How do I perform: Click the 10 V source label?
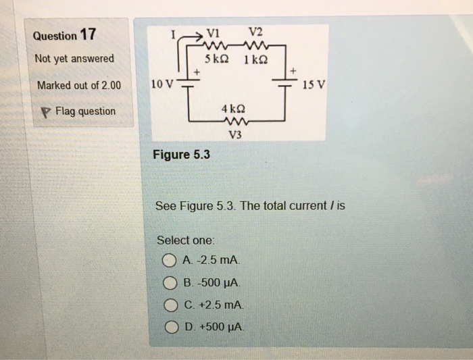point(164,85)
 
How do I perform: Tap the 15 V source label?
point(314,86)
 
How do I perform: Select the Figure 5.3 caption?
point(181,155)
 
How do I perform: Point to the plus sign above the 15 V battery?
point(293,70)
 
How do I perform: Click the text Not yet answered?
point(75,59)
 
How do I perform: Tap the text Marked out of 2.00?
point(78,85)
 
